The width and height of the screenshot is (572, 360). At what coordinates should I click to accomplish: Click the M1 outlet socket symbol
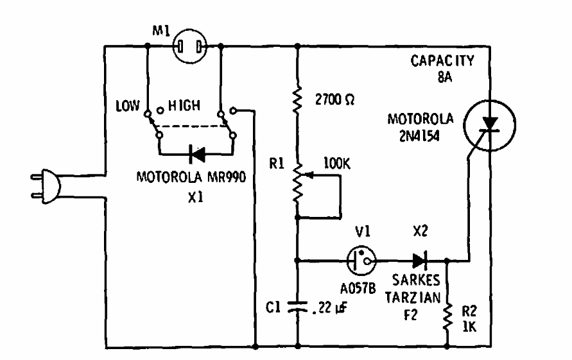[x=189, y=46]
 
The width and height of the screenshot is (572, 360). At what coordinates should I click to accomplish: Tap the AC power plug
[x=46, y=186]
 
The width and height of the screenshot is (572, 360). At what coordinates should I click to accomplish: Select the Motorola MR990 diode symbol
[x=196, y=154]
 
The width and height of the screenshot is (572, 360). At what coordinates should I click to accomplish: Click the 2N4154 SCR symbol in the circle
[x=489, y=126]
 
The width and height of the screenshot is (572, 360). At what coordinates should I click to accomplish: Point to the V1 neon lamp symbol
[x=361, y=261]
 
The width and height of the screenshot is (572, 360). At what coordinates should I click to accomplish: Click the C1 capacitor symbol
[x=298, y=307]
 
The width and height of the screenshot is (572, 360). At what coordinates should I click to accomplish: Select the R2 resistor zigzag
[x=447, y=316]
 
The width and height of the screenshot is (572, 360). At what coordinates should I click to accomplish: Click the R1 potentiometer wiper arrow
[x=309, y=175]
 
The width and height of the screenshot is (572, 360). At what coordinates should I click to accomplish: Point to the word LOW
[x=127, y=106]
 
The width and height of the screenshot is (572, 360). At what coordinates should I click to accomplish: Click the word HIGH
[x=184, y=106]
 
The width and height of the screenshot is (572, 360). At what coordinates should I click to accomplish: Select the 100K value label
[x=336, y=164]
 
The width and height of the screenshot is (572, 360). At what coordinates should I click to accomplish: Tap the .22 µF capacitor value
[x=329, y=308]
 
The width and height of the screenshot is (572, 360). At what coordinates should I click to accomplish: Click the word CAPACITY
[x=442, y=60]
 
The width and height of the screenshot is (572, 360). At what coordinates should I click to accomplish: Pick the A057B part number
[x=358, y=289]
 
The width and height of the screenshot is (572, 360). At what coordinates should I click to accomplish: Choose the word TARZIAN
[x=413, y=298]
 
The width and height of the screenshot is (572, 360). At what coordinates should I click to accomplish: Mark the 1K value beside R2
[x=469, y=327]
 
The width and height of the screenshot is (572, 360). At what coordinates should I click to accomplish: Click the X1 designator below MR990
[x=196, y=197]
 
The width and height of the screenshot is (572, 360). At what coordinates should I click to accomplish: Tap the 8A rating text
[x=445, y=77]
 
